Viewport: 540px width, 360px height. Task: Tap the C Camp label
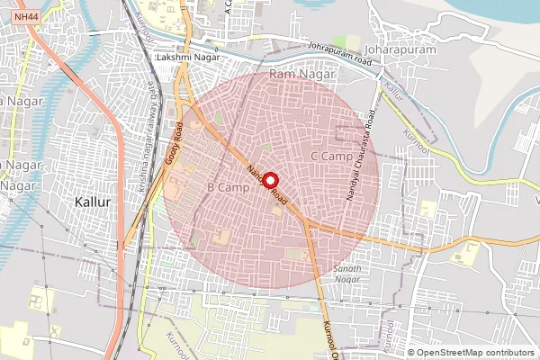pyautogui.click(x=330, y=157)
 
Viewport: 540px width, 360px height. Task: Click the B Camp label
pyautogui.click(x=228, y=186)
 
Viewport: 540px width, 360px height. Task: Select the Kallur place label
pyautogui.click(x=94, y=202)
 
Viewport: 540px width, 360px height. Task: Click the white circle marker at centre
pyautogui.click(x=269, y=180)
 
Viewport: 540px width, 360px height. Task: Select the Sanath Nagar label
pyautogui.click(x=347, y=274)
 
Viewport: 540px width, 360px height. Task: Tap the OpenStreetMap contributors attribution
pyautogui.click(x=474, y=353)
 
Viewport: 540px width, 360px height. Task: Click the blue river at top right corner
pyautogui.click(x=504, y=11)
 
